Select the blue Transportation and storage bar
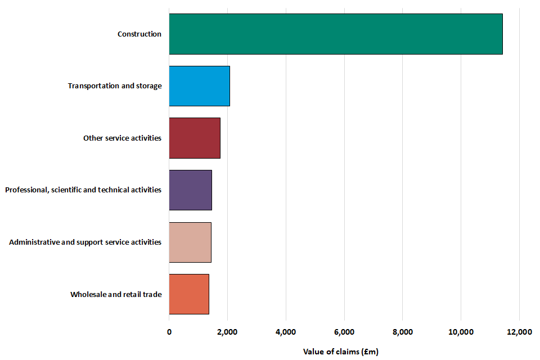click(199, 85)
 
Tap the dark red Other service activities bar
click(195, 138)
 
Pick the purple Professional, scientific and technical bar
click(191, 190)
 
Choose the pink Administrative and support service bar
click(190, 242)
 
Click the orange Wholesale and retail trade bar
click(189, 294)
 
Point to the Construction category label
click(139, 34)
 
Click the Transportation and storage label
click(115, 86)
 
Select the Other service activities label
click(122, 138)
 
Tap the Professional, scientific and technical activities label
click(83, 190)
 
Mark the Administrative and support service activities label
click(85, 242)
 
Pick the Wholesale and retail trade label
click(116, 294)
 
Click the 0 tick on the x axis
click(169, 332)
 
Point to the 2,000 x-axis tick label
click(227, 332)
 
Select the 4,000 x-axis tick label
click(286, 332)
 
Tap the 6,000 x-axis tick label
click(344, 332)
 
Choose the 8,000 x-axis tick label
click(402, 332)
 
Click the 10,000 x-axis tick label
click(461, 332)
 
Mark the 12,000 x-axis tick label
click(519, 332)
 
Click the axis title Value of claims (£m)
click(341, 352)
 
